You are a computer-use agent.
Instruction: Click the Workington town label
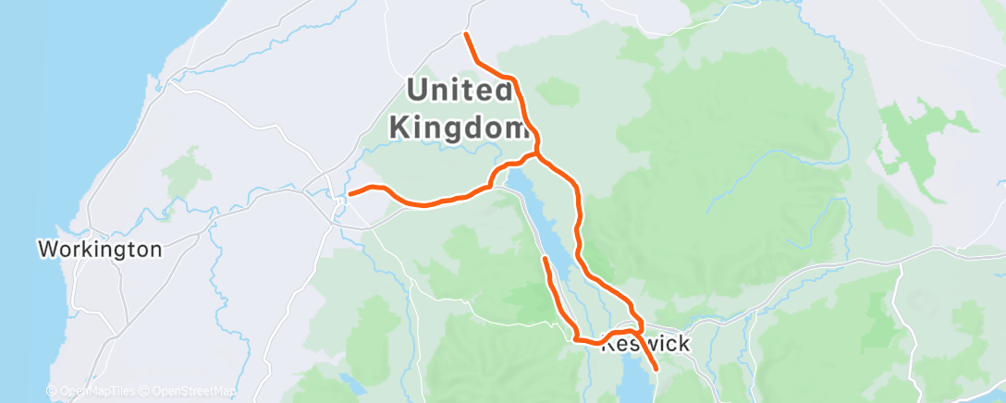100,250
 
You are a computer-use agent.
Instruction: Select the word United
460,91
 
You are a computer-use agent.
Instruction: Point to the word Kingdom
457,127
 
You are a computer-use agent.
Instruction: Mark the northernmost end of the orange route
466,34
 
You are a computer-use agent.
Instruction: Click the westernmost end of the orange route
350,193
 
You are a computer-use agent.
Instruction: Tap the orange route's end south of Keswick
656,369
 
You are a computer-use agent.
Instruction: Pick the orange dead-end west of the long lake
546,260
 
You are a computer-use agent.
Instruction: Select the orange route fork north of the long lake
536,153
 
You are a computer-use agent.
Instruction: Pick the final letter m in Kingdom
511,127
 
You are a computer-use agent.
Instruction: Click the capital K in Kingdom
399,127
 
